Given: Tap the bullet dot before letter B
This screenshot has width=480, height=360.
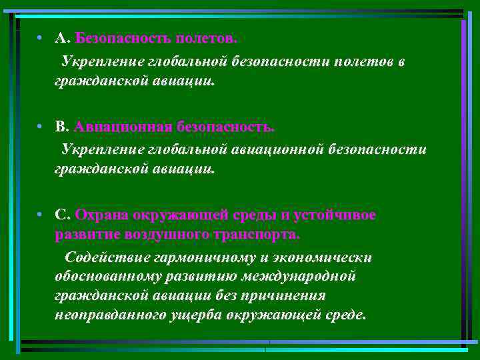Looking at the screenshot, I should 41,127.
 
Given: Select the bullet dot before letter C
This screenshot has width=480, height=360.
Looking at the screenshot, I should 41,215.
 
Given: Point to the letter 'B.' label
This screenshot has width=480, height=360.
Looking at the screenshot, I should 63,127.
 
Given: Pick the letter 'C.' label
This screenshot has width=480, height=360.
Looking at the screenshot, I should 63,215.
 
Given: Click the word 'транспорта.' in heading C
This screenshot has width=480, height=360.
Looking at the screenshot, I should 257,235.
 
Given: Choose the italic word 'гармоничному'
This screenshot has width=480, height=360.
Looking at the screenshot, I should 197,257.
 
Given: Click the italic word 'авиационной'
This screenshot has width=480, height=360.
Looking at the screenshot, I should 277,149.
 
